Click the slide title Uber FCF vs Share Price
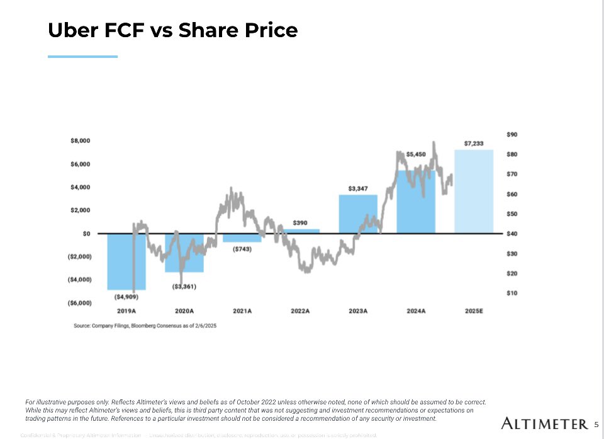[172, 30]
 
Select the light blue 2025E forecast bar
[474, 191]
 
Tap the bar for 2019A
[126, 261]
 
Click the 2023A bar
[358, 214]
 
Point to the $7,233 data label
[474, 144]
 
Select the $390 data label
[300, 223]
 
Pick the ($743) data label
[242, 249]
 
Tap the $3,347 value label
[358, 188]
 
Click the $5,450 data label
[416, 154]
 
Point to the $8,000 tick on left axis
[81, 141]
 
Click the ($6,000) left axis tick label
[79, 303]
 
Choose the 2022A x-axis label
[300, 311]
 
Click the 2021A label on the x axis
[242, 311]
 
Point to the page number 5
[596, 424]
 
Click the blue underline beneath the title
[82, 57]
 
